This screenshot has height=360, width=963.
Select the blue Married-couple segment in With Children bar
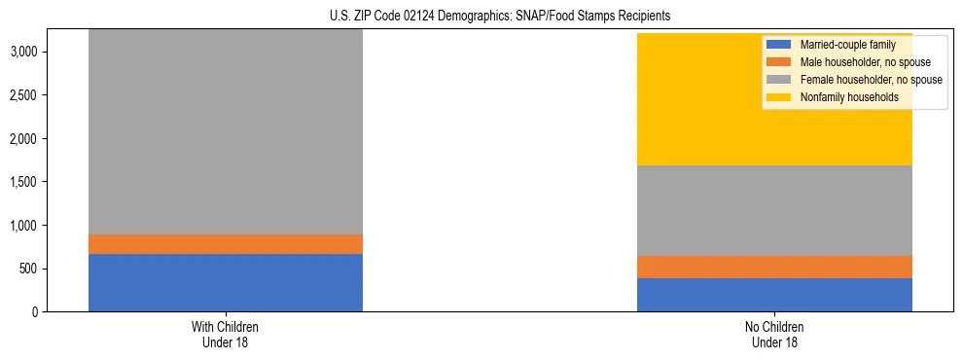pos(225,282)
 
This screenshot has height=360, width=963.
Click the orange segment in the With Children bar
pos(225,244)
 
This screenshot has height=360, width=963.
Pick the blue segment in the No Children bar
pos(774,295)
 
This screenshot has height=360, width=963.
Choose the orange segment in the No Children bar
pos(774,267)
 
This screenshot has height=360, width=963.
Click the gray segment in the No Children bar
pos(774,210)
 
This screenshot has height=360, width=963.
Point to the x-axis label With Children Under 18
pos(225,335)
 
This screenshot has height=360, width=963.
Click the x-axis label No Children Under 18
pos(774,335)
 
